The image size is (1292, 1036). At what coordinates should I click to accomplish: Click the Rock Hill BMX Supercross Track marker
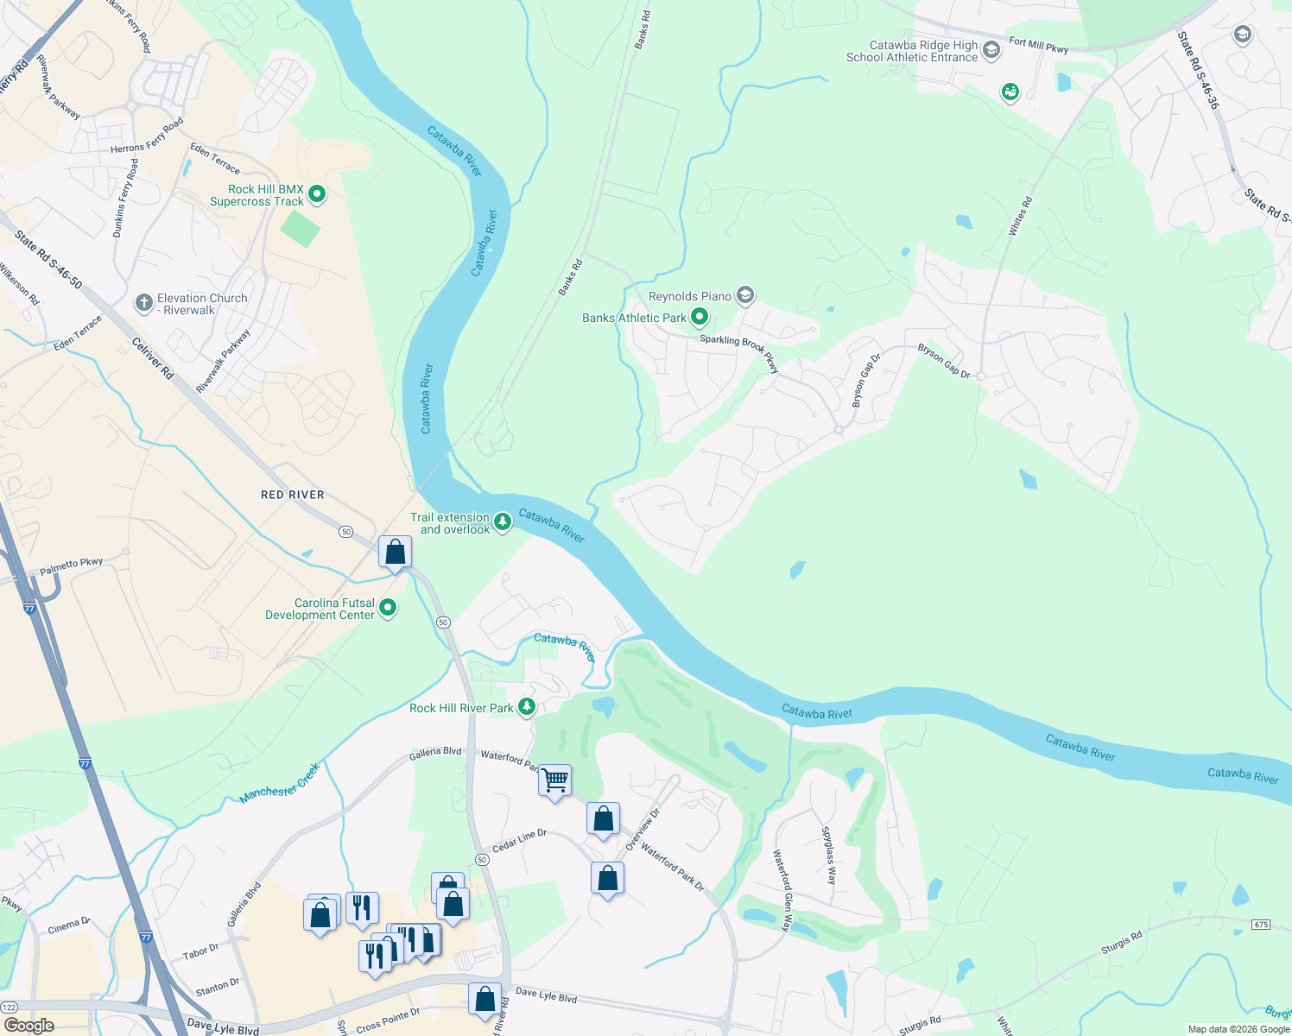point(317,194)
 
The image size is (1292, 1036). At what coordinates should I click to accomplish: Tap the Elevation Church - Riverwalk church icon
point(144,303)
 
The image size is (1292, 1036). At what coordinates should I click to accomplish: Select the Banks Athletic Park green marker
point(700,318)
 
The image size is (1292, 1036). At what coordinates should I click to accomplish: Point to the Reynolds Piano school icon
point(745,296)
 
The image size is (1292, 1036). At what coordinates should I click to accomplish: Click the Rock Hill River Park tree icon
point(526,707)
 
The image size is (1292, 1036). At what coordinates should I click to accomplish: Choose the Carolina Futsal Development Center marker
point(388,608)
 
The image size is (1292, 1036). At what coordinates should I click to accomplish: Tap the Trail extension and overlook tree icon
point(502,522)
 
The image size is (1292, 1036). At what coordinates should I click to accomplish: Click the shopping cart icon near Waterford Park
point(554,780)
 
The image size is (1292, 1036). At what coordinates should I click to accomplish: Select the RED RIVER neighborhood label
point(293,495)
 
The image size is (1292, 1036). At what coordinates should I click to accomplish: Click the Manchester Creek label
point(280,782)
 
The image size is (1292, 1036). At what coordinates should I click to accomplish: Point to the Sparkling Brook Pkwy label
point(739,351)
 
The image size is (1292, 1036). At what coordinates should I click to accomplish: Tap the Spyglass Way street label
point(828,856)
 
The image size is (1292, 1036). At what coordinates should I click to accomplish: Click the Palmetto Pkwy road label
point(72,566)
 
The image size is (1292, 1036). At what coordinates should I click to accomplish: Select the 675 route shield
point(1260,925)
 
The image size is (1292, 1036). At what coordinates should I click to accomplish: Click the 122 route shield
point(9,1008)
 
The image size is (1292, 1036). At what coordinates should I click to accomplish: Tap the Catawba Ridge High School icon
point(991,50)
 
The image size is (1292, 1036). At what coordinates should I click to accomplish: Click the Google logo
point(28,1025)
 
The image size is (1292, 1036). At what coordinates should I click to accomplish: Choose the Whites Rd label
point(1020,216)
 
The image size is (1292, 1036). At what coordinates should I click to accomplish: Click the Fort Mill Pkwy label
point(1038,45)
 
